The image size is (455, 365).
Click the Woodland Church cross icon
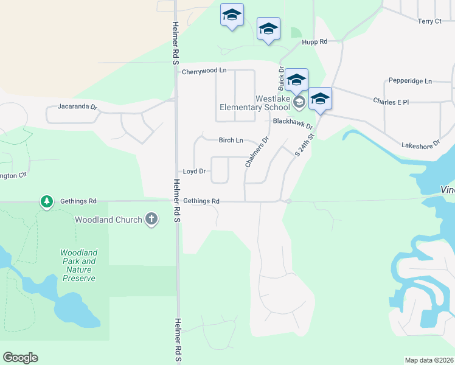pos(151,220)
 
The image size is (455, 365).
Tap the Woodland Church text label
pos(108,220)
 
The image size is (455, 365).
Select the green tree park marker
pos(46,201)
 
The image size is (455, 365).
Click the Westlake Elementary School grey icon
pos(298,102)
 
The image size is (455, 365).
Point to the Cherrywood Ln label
pos(204,71)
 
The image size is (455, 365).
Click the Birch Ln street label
pos(231,140)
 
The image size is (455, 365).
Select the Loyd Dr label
pos(194,172)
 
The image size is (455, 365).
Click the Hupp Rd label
pos(314,42)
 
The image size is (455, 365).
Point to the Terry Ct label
pos(429,21)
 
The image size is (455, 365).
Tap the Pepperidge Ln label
pos(409,81)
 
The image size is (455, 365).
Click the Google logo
pos(20,358)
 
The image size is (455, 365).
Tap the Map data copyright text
pos(429,360)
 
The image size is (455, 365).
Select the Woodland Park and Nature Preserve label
pos(78,265)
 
